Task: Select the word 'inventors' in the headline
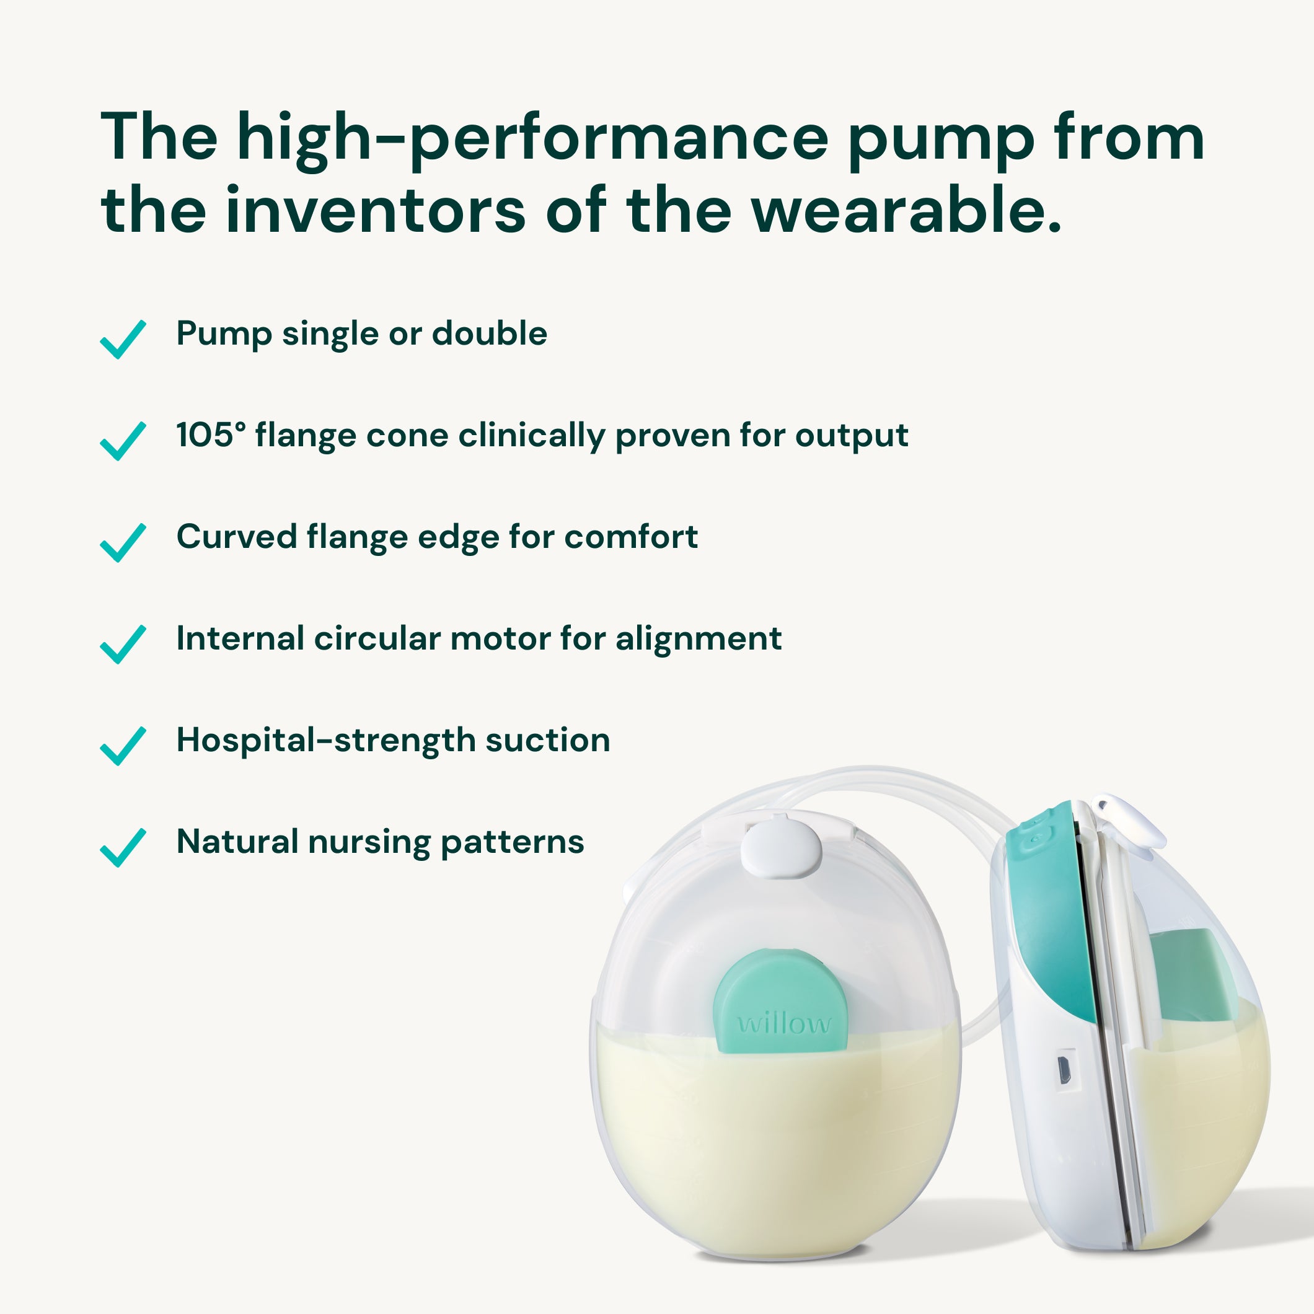click(376, 210)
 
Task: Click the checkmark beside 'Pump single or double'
click(123, 340)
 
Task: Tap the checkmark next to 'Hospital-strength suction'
click(123, 746)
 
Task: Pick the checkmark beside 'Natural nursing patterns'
click(123, 847)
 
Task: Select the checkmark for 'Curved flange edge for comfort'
click(123, 543)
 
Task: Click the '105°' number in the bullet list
click(211, 434)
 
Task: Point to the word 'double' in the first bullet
click(490, 333)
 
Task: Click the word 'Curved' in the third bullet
click(236, 537)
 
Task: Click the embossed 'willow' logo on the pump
click(784, 1023)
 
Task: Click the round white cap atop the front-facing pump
click(781, 848)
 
